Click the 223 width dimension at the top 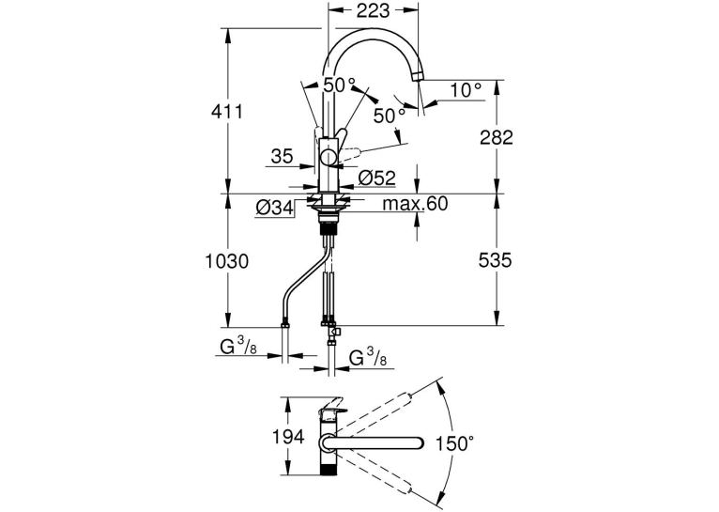point(373,10)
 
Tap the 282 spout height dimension point(497,137)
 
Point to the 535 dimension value point(495,260)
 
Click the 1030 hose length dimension point(226,261)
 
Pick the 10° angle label point(466,90)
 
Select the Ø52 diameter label point(376,178)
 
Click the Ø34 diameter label point(274,209)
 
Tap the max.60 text point(415,203)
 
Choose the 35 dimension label point(282,157)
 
